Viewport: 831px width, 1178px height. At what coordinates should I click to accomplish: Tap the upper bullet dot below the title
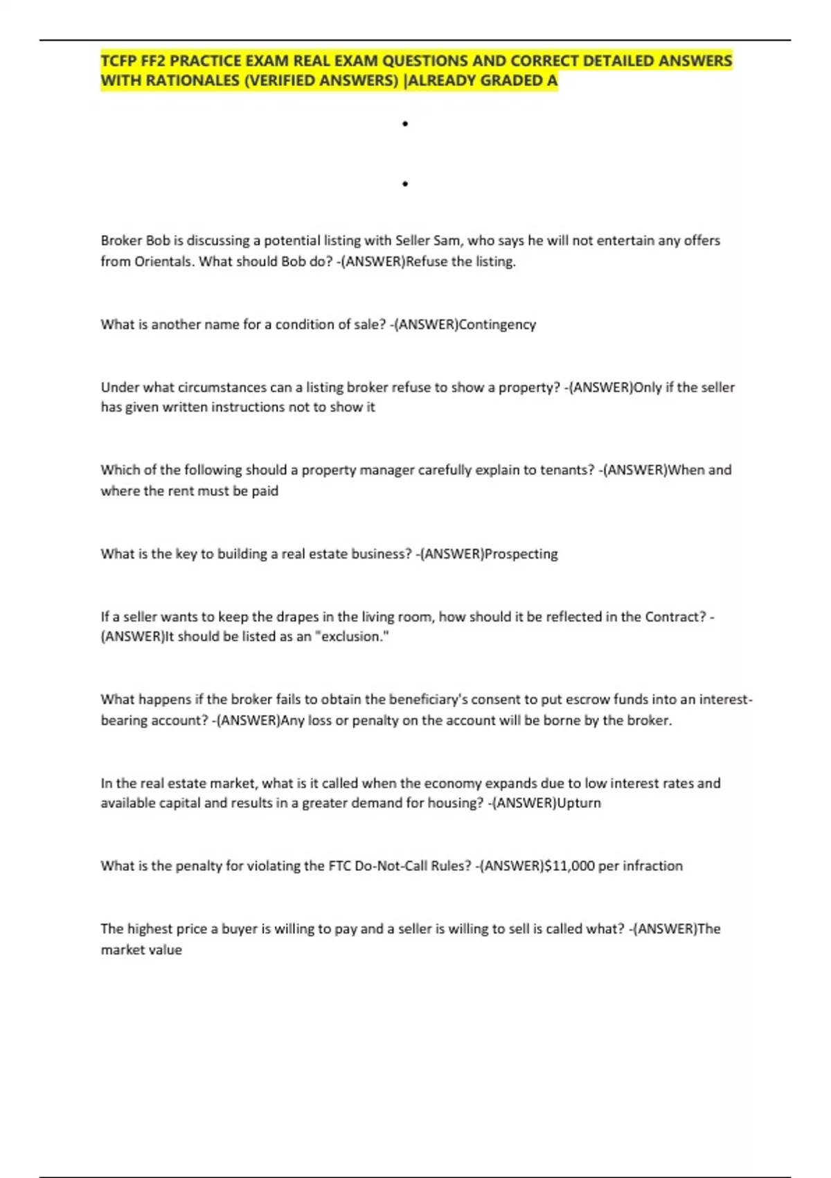click(x=405, y=124)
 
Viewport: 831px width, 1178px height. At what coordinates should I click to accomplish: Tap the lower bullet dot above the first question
click(x=405, y=184)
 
